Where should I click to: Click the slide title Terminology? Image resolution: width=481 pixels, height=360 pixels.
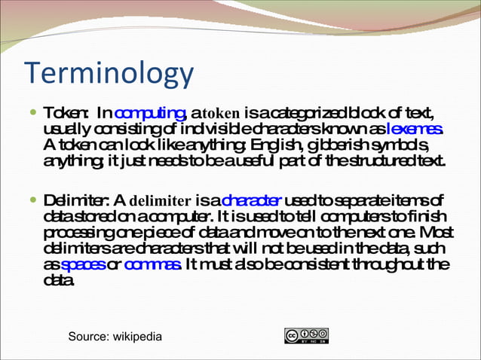[x=109, y=75]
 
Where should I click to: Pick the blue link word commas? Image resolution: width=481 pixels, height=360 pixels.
[x=152, y=265]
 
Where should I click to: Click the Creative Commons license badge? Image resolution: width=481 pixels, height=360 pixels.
[x=306, y=336]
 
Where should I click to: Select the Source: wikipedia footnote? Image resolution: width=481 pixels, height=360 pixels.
[x=115, y=337]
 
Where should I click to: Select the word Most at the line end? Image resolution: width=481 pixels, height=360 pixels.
[x=438, y=233]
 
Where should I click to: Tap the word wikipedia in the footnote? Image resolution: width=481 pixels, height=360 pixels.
[x=136, y=337]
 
